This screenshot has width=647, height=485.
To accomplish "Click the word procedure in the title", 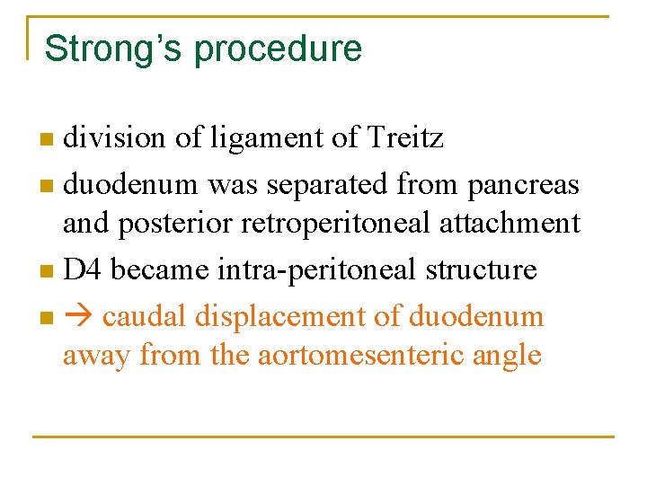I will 278,49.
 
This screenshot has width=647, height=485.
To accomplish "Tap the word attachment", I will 510,224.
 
